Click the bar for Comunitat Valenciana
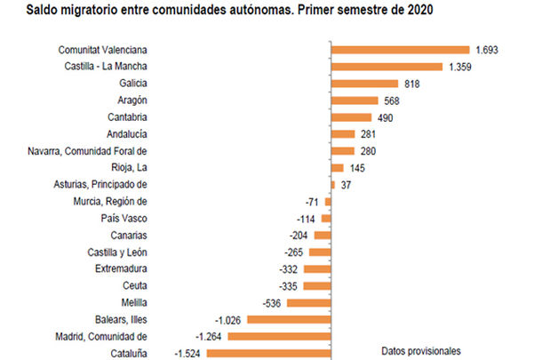point(399,50)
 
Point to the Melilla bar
point(308,302)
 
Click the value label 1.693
point(487,50)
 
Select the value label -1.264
point(217,336)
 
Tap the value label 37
point(347,185)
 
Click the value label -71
point(311,202)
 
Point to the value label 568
point(392,100)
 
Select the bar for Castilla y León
point(319,252)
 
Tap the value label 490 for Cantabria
point(386,117)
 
